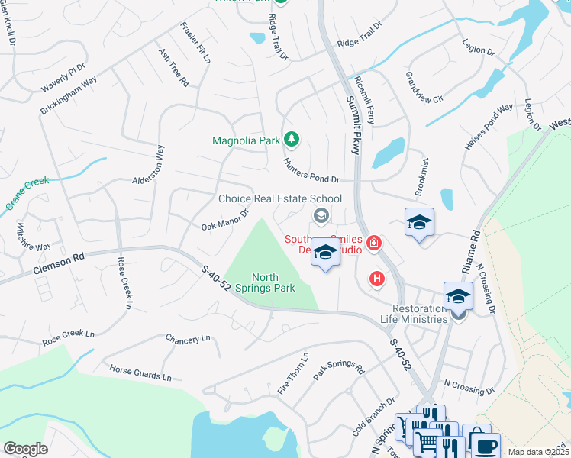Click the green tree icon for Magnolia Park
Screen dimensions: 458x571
pos(291,139)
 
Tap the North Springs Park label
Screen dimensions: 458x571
pos(273,282)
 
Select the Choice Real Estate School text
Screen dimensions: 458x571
pos(280,198)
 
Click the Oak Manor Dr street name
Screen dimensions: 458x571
pos(225,220)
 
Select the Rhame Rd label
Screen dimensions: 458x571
pos(476,252)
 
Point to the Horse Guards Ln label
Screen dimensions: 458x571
pos(140,372)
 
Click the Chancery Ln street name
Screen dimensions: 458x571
pos(187,338)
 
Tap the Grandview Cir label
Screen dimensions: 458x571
pos(424,88)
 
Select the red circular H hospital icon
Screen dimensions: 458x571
pos(376,279)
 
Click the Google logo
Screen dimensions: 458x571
pos(25,449)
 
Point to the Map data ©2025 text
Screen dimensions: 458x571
pos(537,452)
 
